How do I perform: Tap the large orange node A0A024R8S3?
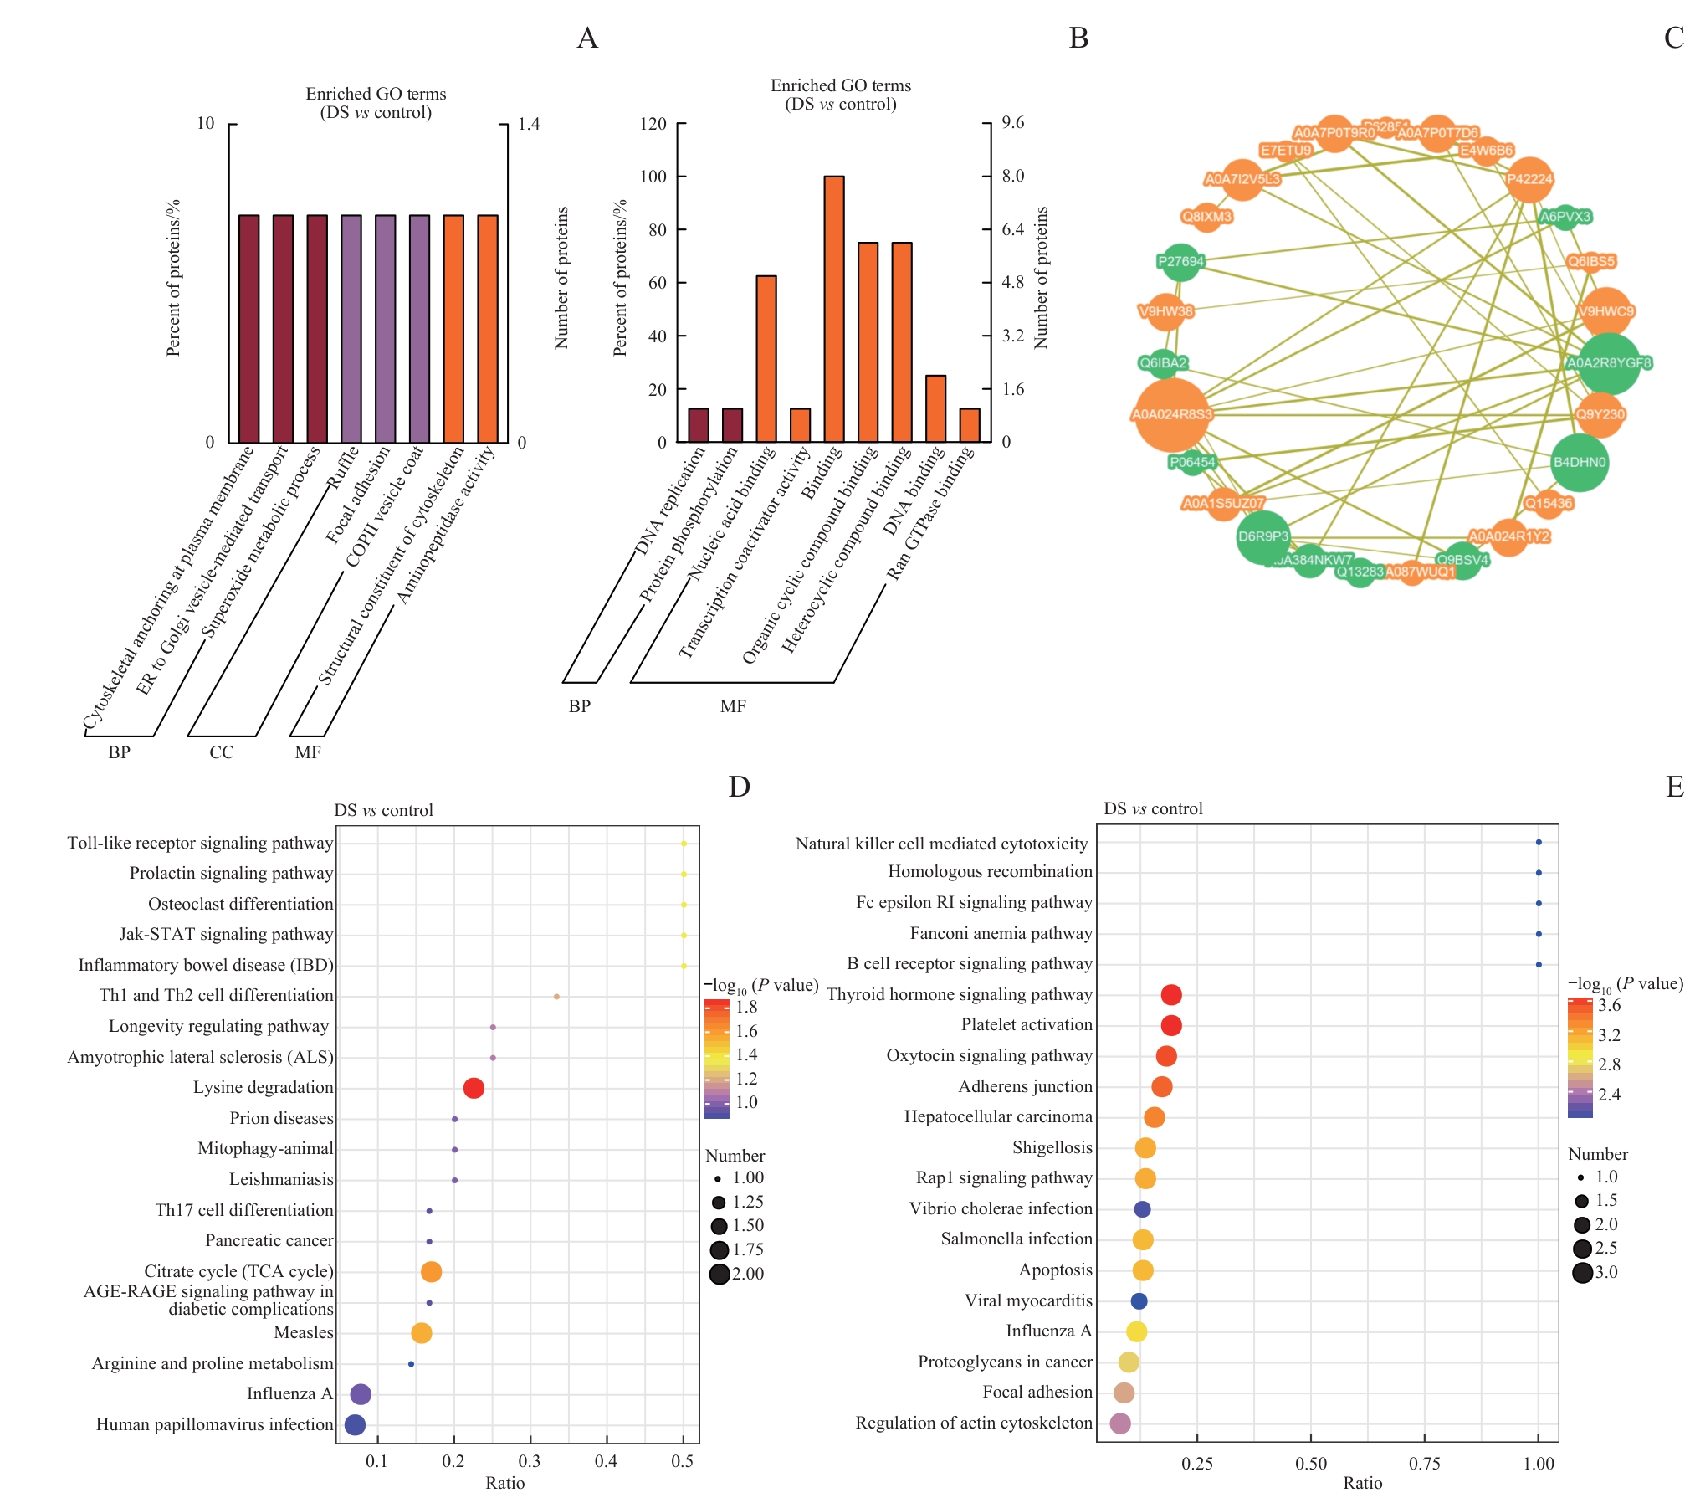(1172, 414)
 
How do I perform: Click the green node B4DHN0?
(1579, 462)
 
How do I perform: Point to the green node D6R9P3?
(1263, 536)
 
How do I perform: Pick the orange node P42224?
(1529, 179)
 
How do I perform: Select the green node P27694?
(1180, 262)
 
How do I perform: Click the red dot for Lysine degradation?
(474, 1088)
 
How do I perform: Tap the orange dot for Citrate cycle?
(431, 1272)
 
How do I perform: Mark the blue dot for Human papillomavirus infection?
(355, 1424)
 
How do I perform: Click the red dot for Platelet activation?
(1171, 1025)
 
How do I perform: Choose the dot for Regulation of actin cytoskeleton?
(1120, 1423)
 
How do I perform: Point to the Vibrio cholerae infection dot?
(1142, 1209)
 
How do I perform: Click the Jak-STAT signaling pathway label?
(226, 934)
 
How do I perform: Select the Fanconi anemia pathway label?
(1001, 933)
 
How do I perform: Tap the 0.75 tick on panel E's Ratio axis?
(1424, 1463)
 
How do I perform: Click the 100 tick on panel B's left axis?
(653, 177)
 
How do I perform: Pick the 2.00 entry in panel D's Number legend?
(747, 1274)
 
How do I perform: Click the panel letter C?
(1673, 38)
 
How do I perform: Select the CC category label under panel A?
(222, 752)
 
